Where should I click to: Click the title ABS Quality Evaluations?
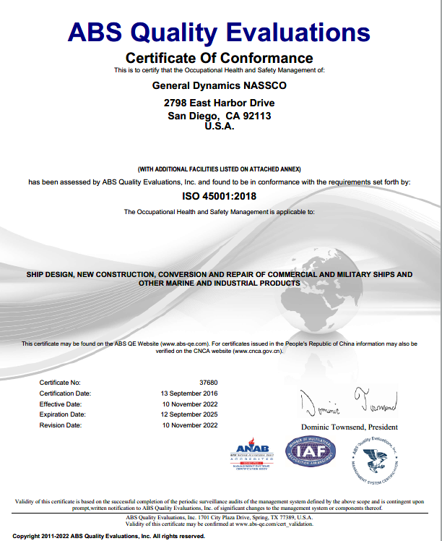coord(219,32)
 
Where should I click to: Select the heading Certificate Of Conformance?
coord(220,58)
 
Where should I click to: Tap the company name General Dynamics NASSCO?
coord(220,86)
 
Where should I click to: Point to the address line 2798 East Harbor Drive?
coord(220,104)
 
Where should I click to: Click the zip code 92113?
coord(258,116)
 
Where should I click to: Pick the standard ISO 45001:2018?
coord(220,195)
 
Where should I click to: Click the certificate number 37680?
coord(209,382)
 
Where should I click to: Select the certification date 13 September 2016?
coord(189,393)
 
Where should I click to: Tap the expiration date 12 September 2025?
coord(189,414)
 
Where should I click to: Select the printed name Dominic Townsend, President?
coord(350,427)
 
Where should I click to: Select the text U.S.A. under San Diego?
coord(220,126)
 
